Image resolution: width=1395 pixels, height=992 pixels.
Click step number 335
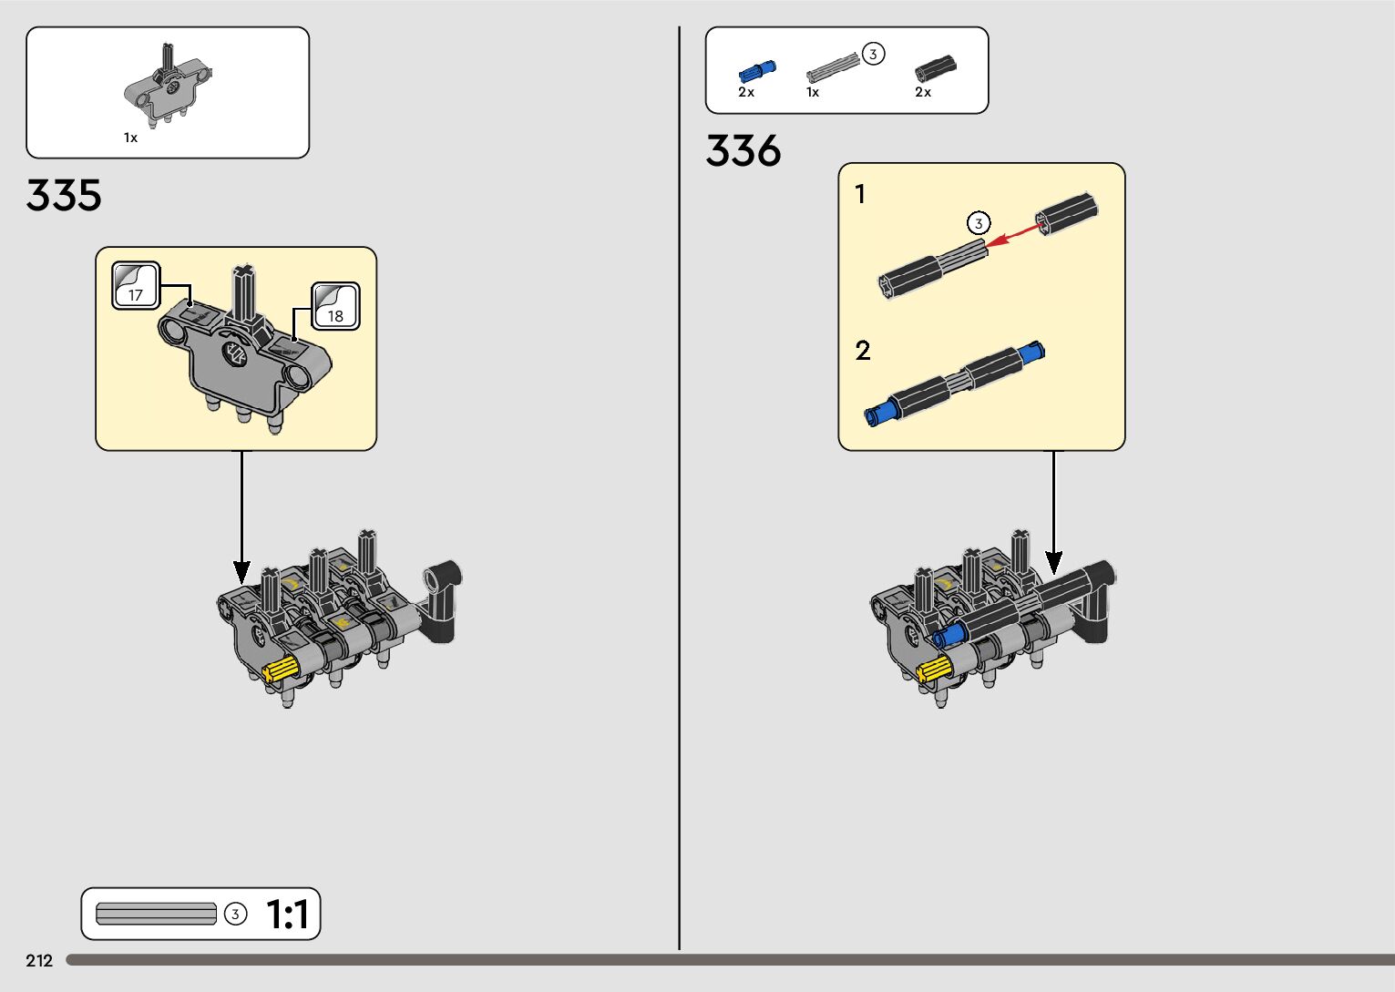tap(64, 196)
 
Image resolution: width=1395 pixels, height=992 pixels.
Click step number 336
tap(743, 151)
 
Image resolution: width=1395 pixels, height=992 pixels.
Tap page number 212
tap(39, 960)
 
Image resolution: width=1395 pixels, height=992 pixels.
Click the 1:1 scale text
tap(287, 915)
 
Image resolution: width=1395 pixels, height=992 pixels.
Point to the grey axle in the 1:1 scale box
tap(156, 914)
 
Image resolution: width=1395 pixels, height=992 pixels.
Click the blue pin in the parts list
tap(755, 70)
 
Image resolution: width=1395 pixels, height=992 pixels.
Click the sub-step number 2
tap(863, 351)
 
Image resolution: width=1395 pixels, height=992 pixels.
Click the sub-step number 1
tap(860, 194)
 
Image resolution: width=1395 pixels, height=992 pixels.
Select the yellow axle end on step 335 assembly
tap(281, 670)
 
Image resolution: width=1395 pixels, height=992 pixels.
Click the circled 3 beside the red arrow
tap(978, 223)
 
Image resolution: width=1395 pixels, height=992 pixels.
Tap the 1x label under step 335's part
tap(130, 138)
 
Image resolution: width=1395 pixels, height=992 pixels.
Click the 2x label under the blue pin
tap(746, 92)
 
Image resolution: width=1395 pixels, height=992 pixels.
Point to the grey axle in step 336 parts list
tap(832, 67)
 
